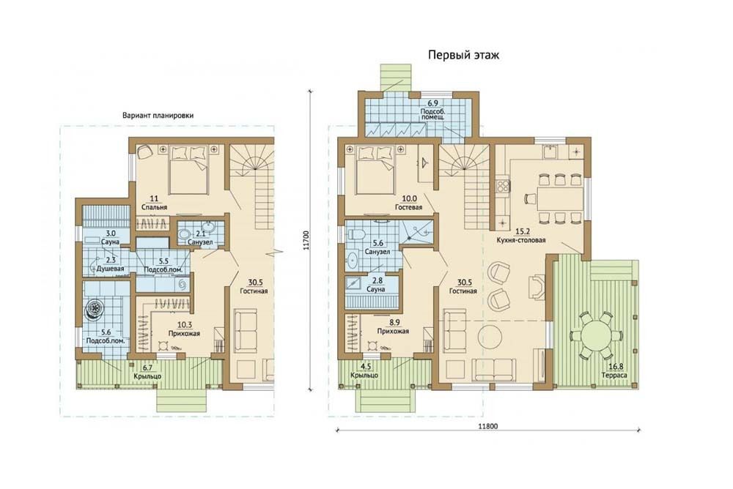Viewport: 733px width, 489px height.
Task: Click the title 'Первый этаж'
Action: [463, 55]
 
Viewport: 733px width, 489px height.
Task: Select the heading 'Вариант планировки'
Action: [158, 115]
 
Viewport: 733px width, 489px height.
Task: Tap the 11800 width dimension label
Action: [488, 425]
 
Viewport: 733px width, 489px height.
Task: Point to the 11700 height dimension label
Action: [306, 239]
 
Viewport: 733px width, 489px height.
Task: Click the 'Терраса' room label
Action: [614, 375]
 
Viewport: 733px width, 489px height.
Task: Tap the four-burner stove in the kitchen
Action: [503, 185]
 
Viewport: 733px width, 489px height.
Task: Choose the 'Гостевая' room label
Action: [408, 207]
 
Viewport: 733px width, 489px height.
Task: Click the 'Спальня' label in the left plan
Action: [154, 207]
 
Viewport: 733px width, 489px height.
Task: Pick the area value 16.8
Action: [614, 367]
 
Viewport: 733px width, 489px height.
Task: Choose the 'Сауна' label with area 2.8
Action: [376, 289]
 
